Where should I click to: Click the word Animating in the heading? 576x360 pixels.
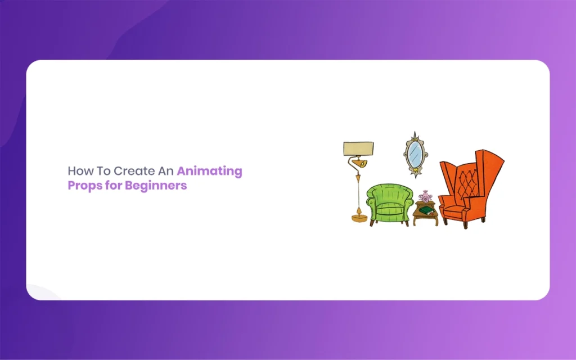pyautogui.click(x=209, y=172)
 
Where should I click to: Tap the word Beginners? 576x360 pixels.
pyautogui.click(x=156, y=186)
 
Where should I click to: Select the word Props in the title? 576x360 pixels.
pyautogui.click(x=84, y=186)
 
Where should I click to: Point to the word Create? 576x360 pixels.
pyautogui.click(x=134, y=171)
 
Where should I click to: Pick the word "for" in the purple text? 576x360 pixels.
pyautogui.click(x=113, y=185)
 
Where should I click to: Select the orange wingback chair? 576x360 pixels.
pyautogui.click(x=471, y=189)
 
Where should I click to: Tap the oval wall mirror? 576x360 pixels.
pyautogui.click(x=416, y=155)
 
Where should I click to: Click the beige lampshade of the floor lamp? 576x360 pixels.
pyautogui.click(x=358, y=148)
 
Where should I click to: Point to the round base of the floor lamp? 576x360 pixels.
pyautogui.click(x=359, y=218)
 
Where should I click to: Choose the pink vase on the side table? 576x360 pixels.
pyautogui.click(x=425, y=196)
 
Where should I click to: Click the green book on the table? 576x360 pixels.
pyautogui.click(x=427, y=210)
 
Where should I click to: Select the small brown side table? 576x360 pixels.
pyautogui.click(x=425, y=213)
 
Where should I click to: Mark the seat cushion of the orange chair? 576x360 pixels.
pyautogui.click(x=454, y=212)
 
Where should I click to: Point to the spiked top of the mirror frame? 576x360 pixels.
pyautogui.click(x=415, y=136)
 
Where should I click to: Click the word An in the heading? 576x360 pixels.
pyautogui.click(x=166, y=171)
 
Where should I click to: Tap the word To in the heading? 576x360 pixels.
pyautogui.click(x=103, y=171)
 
